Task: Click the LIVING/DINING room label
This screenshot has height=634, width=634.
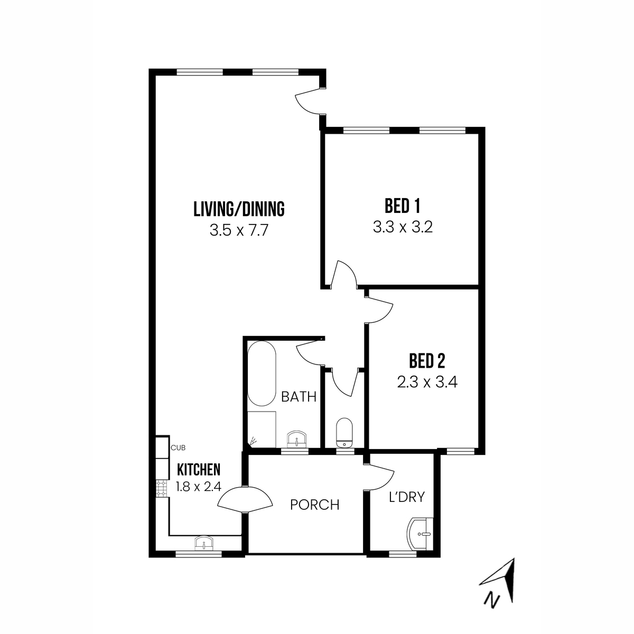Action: point(239,209)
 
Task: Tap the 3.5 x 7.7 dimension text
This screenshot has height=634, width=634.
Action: point(239,231)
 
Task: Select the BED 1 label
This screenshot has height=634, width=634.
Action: point(403,206)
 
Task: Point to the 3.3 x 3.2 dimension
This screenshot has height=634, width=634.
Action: point(403,227)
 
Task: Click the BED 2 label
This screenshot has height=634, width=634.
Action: point(427,361)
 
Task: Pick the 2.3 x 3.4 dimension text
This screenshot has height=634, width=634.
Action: point(427,382)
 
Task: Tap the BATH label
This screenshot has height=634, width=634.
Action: point(299,397)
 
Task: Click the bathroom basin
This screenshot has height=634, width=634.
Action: point(297,439)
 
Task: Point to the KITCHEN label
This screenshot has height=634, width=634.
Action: point(198,469)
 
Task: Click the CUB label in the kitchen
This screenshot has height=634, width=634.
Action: point(178,448)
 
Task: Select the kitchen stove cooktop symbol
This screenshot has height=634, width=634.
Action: point(161,488)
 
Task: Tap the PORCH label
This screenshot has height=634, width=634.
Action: point(315,505)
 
